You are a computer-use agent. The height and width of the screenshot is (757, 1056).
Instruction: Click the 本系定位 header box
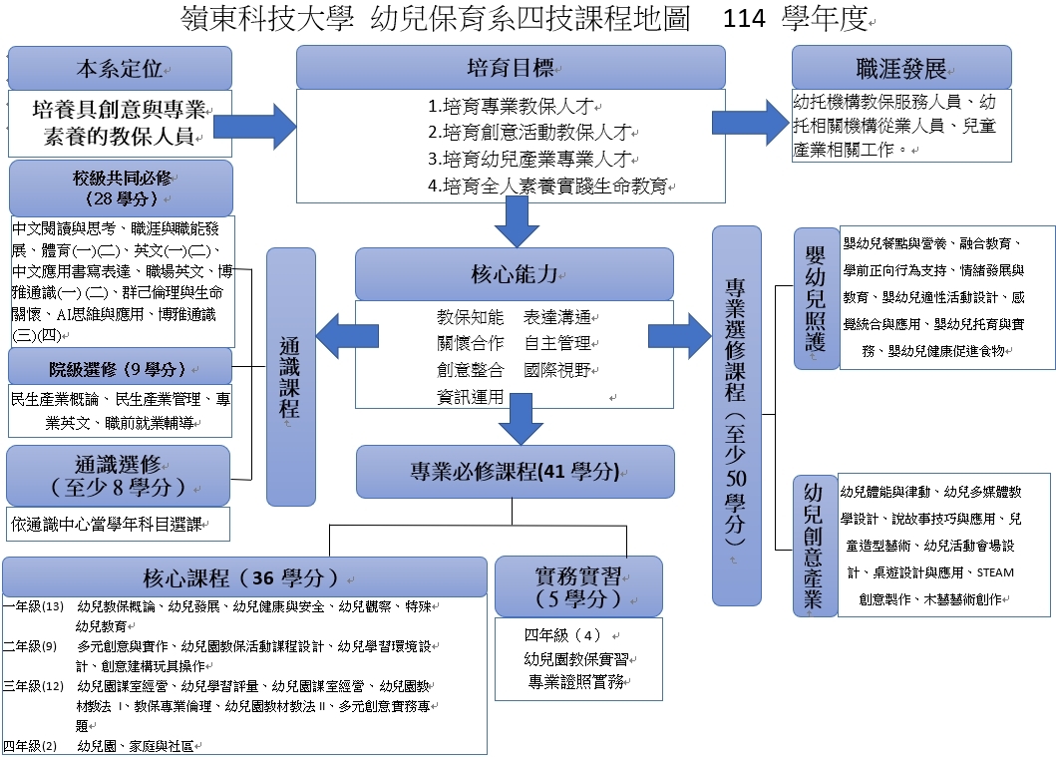(x=120, y=68)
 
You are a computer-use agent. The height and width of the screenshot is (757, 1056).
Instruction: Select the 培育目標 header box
(x=511, y=67)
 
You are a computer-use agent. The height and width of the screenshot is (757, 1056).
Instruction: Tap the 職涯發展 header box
(x=900, y=67)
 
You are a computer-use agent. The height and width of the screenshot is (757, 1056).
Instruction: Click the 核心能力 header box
(x=514, y=274)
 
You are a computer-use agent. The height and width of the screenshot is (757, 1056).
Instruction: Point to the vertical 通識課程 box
(x=291, y=377)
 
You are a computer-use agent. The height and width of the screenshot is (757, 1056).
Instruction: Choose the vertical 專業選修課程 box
(x=737, y=415)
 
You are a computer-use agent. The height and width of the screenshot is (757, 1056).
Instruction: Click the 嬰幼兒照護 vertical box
(x=816, y=298)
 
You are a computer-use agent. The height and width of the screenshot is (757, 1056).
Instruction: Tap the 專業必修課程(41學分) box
(x=515, y=472)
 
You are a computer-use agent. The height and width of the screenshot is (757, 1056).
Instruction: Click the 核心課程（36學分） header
(x=244, y=577)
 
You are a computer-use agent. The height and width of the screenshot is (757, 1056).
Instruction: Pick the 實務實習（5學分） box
(x=578, y=585)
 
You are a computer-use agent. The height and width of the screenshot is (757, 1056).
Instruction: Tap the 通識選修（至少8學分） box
(x=118, y=476)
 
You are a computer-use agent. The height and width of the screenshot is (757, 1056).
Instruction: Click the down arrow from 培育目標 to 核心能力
(x=516, y=220)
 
